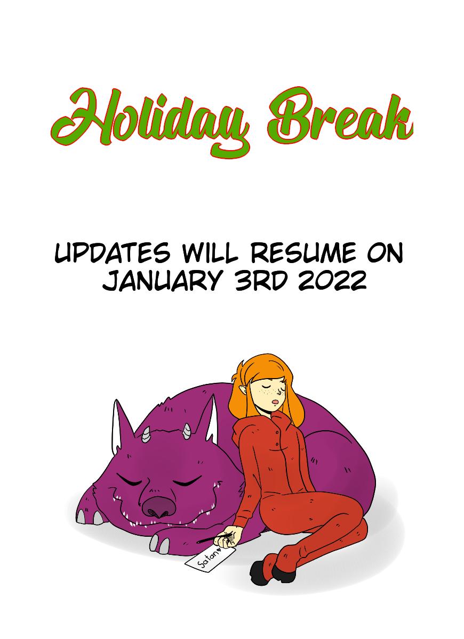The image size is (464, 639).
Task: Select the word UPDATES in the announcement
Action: click(x=113, y=253)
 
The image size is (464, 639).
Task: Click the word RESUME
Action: click(x=303, y=253)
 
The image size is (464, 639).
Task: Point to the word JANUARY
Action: click(x=162, y=281)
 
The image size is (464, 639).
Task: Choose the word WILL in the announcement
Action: click(x=210, y=253)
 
